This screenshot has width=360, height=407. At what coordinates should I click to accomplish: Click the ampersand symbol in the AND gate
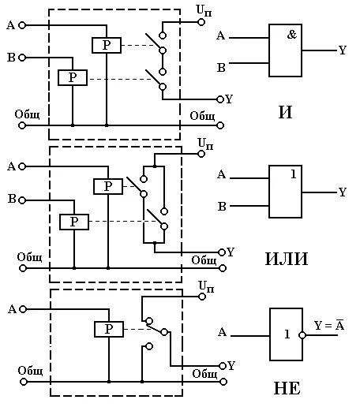(x=292, y=35)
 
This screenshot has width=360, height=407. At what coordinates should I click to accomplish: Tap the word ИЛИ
(x=287, y=259)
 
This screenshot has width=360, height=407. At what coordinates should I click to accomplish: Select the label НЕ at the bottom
(x=287, y=388)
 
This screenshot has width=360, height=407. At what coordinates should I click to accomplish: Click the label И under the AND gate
(x=285, y=112)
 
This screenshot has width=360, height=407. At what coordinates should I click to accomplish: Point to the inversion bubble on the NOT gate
(x=302, y=335)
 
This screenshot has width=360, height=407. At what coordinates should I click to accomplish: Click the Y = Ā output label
(x=329, y=325)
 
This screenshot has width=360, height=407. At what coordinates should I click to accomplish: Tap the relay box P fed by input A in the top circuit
(x=107, y=46)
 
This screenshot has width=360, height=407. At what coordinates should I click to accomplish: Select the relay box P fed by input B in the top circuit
(x=73, y=77)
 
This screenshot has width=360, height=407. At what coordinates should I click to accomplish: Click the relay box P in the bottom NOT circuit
(x=109, y=329)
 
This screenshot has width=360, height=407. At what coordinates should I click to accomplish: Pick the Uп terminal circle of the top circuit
(x=201, y=22)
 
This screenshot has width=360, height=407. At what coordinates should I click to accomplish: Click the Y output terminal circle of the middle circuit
(x=222, y=252)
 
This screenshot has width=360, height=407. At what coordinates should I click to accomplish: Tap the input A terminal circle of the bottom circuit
(x=23, y=309)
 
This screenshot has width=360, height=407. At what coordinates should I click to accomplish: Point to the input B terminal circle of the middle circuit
(x=22, y=200)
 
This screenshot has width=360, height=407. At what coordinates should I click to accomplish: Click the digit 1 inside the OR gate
(x=294, y=174)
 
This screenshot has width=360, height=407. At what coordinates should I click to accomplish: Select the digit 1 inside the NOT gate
(x=287, y=334)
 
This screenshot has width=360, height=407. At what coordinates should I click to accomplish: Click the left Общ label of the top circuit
(x=27, y=114)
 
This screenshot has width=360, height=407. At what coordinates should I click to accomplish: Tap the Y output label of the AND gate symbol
(x=342, y=50)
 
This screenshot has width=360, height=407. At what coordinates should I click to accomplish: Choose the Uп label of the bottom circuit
(x=206, y=286)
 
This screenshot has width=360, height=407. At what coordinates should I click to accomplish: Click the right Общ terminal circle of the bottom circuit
(x=223, y=382)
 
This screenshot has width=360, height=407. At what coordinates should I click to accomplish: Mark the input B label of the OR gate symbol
(x=222, y=207)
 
